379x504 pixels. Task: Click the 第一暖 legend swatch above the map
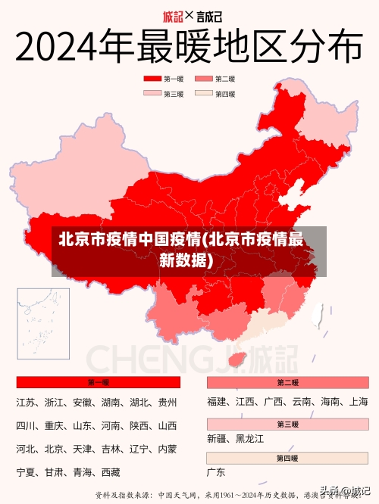[152, 78]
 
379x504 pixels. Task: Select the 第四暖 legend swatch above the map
[204, 94]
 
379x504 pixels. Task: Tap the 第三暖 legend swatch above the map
[152, 94]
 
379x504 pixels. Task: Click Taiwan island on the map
[318, 313]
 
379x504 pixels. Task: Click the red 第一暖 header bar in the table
[98, 382]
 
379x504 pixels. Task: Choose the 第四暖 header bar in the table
[287, 459]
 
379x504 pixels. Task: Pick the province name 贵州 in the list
[167, 403]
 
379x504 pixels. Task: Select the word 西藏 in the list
[110, 473]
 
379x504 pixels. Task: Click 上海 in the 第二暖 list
[359, 402]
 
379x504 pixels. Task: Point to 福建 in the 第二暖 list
[217, 402]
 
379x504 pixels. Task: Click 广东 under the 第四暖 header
[216, 473]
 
